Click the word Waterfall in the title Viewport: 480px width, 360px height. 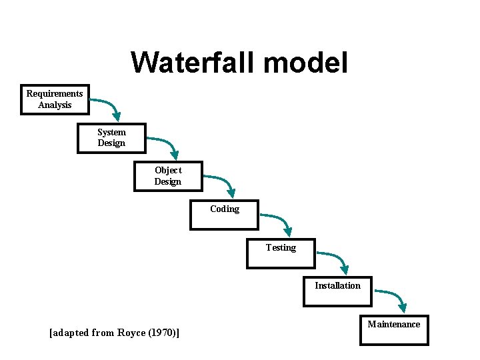tap(193, 63)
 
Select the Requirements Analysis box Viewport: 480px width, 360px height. tap(55, 99)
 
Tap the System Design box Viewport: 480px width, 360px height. tap(111, 138)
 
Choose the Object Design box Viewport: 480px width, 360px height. tap(168, 176)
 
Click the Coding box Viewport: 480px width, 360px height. tap(225, 215)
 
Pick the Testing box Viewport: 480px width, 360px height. tap(281, 253)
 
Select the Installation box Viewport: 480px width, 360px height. tap(337, 291)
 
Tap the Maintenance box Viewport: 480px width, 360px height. tap(394, 330)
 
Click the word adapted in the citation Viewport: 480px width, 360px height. tap(71, 332)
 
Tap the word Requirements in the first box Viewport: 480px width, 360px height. tap(55, 93)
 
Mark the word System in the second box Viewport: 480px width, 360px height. tap(111, 132)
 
